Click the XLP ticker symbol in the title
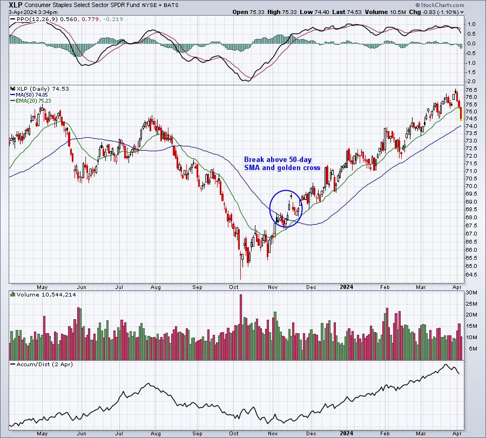[x=16, y=5]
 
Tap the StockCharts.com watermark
[x=440, y=5]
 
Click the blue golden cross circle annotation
[x=286, y=190]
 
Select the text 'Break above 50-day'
[x=278, y=160]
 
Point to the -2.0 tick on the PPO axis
[x=471, y=81]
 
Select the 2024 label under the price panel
[x=346, y=287]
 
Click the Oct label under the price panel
[x=234, y=287]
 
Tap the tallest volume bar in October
[x=241, y=327]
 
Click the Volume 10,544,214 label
[x=43, y=294]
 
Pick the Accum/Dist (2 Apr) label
[x=42, y=364]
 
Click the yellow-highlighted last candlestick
[x=461, y=114]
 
